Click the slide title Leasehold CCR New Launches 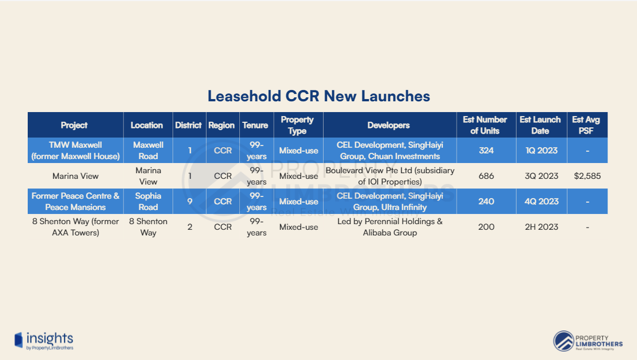click(x=318, y=96)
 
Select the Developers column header click(x=389, y=125)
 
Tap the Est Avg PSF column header click(x=586, y=125)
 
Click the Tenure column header click(x=255, y=125)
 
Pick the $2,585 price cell click(x=587, y=176)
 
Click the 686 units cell click(x=487, y=176)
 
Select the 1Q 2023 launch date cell click(x=541, y=151)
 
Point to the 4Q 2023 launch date click(x=541, y=202)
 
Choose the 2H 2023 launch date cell click(x=541, y=227)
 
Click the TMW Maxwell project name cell click(x=76, y=151)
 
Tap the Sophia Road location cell click(x=148, y=202)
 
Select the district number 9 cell click(x=190, y=202)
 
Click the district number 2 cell click(x=190, y=227)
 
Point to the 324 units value click(x=487, y=151)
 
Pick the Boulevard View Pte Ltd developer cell click(x=390, y=176)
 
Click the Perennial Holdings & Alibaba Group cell click(x=390, y=227)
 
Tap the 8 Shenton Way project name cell click(x=76, y=227)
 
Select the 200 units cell click(x=487, y=227)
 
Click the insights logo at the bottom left click(x=44, y=341)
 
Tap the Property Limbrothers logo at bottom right click(x=588, y=341)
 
